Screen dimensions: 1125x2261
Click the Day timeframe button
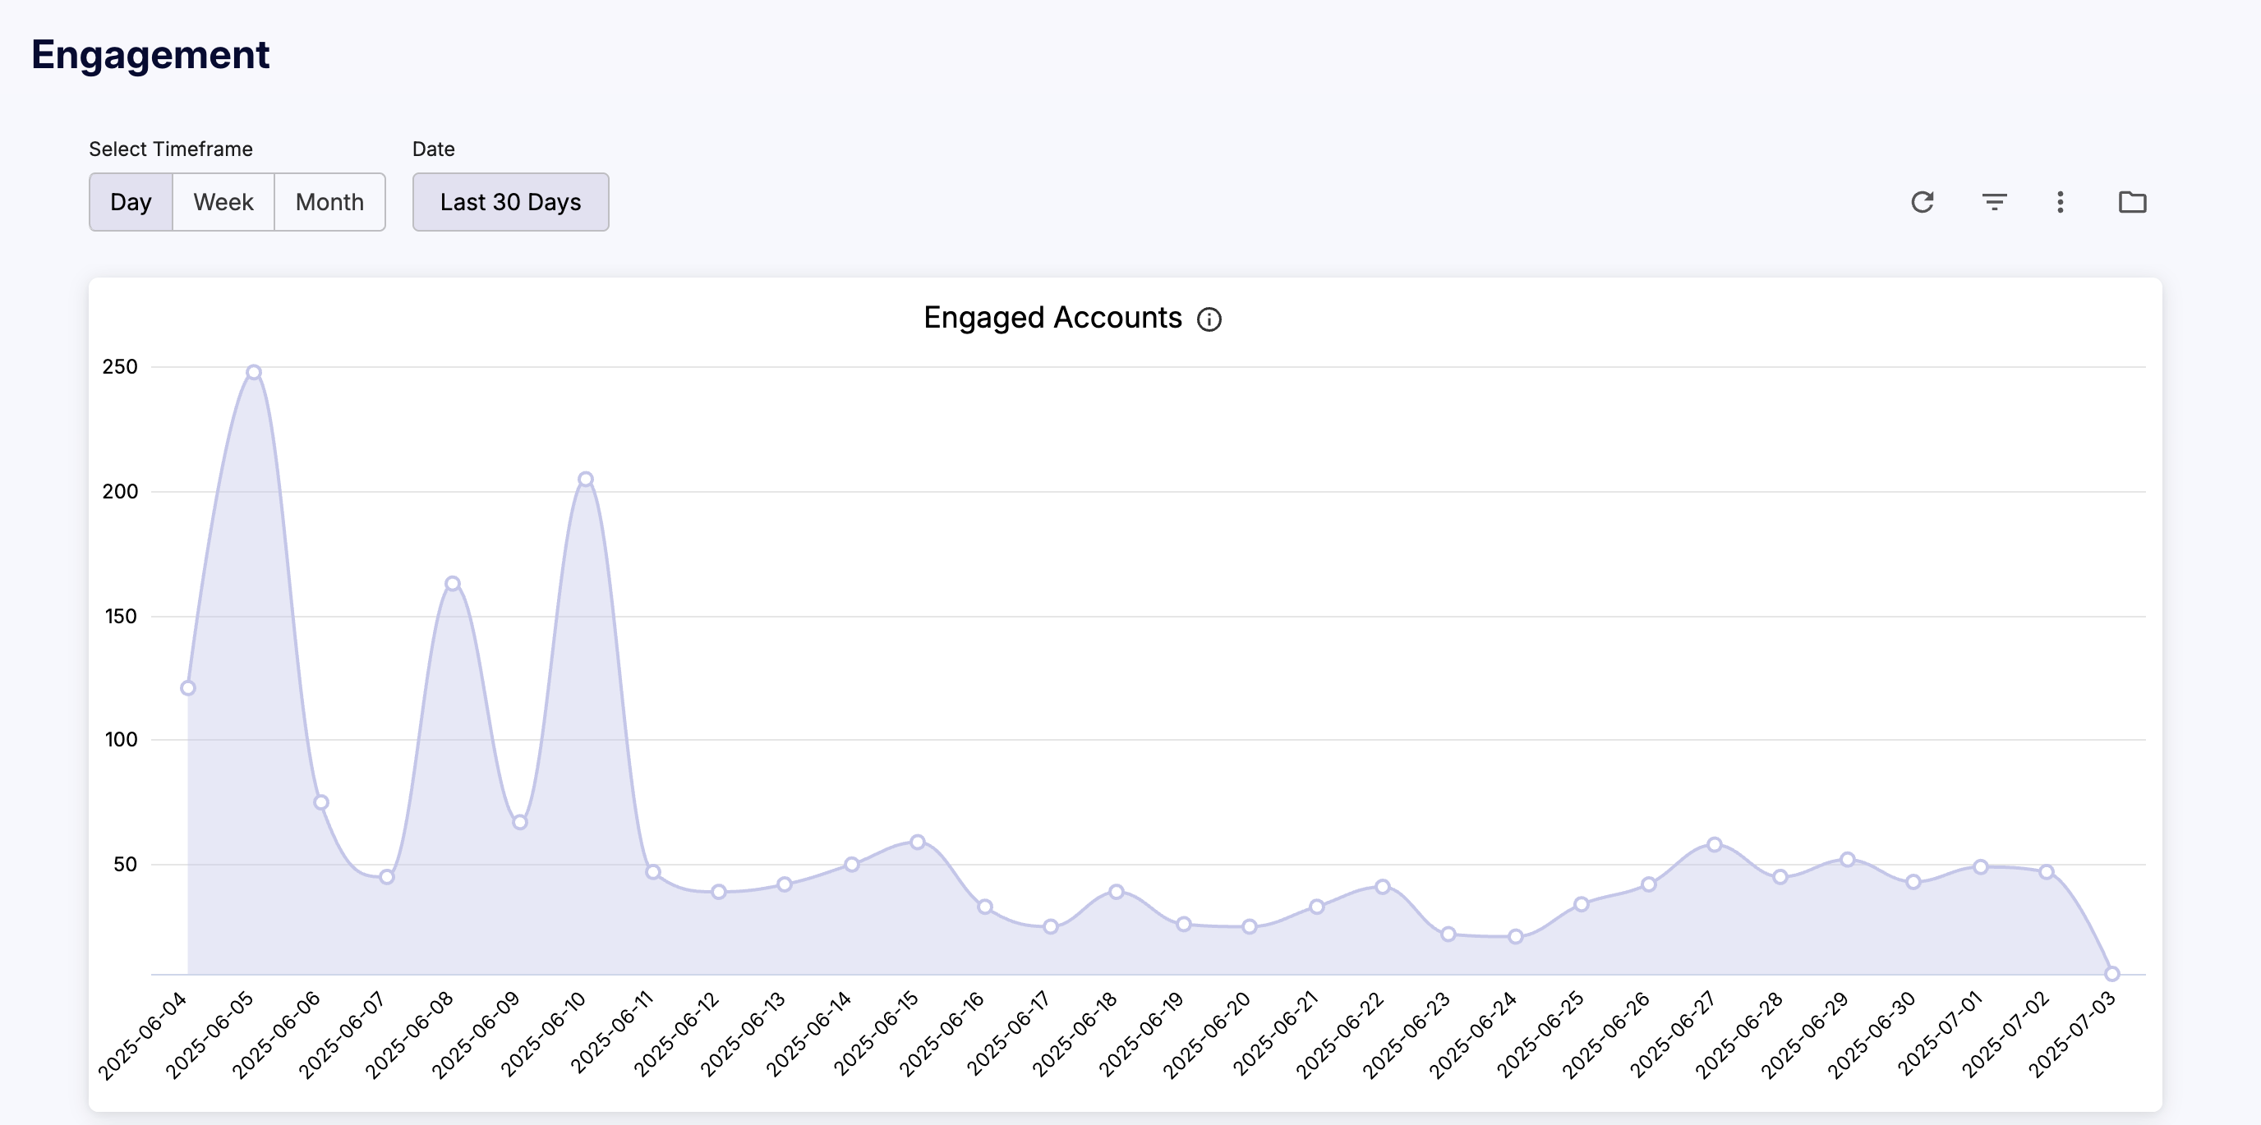click(x=131, y=202)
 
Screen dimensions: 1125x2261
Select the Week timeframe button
click(x=223, y=202)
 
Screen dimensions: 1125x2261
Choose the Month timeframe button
click(x=329, y=202)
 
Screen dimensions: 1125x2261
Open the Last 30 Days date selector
click(x=510, y=202)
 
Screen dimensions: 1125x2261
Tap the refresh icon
click(x=1923, y=202)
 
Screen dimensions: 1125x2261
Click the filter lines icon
click(x=1994, y=202)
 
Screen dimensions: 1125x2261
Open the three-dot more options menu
click(x=2060, y=202)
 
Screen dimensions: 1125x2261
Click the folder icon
click(x=2132, y=202)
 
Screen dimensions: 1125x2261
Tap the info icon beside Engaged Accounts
click(x=1209, y=319)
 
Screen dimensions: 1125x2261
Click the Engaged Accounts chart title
click(x=1052, y=318)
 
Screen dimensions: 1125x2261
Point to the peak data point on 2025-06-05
click(x=254, y=372)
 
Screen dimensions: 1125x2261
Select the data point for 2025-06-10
click(x=586, y=479)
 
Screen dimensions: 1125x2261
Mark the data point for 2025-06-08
click(x=452, y=584)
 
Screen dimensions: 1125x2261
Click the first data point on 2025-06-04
click(x=188, y=688)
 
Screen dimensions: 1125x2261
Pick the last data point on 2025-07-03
click(x=2111, y=973)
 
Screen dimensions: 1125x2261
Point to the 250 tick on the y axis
click(x=120, y=367)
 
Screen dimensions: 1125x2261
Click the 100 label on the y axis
click(x=121, y=740)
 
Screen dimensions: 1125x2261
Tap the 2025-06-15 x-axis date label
click(x=876, y=1033)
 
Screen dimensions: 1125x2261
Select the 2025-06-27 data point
click(x=1714, y=844)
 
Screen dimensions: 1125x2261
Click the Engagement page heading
click(x=150, y=54)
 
